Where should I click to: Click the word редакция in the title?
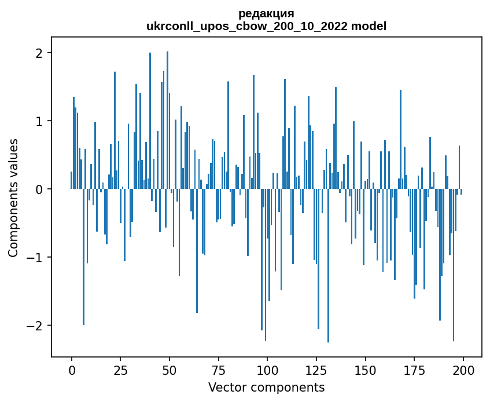(x=266, y=14)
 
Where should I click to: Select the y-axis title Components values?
(x=13, y=198)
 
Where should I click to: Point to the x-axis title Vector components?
(x=266, y=387)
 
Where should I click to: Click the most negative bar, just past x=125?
(x=328, y=266)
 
